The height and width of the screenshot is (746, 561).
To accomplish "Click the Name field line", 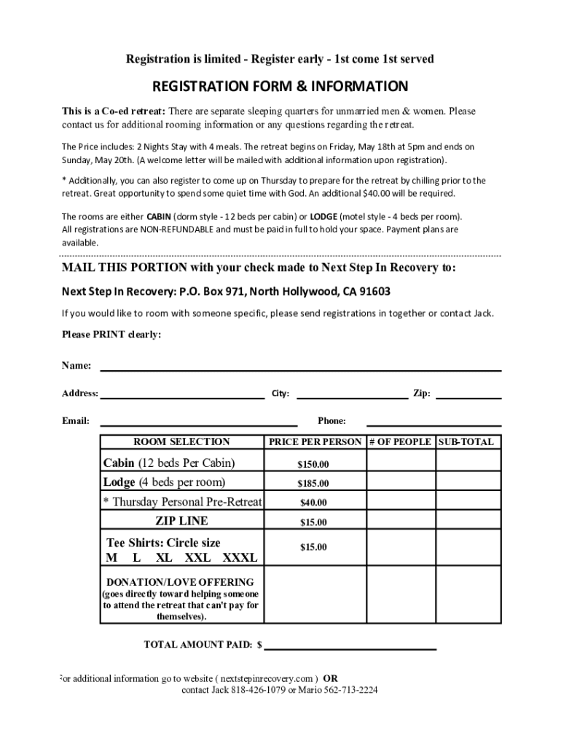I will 300,369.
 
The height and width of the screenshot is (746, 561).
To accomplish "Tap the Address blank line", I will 182,397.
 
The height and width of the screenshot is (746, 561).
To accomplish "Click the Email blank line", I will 198,424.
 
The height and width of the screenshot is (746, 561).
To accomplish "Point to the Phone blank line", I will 433,424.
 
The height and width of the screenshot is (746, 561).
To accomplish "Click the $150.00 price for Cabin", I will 313,464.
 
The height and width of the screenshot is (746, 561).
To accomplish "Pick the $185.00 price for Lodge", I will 313,483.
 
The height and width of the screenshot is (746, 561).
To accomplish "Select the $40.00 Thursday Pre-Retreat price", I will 313,502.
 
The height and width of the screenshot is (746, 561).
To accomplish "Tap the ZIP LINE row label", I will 181,521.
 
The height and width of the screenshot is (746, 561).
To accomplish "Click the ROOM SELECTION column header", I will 181,441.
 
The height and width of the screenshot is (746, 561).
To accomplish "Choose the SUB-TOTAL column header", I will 466,441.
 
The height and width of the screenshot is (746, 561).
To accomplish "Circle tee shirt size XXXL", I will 240,558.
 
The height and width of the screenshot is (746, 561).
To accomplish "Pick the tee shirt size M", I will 111,558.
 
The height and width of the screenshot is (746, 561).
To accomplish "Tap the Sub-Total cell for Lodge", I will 466,482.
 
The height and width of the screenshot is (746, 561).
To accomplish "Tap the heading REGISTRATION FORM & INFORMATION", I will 280,87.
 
